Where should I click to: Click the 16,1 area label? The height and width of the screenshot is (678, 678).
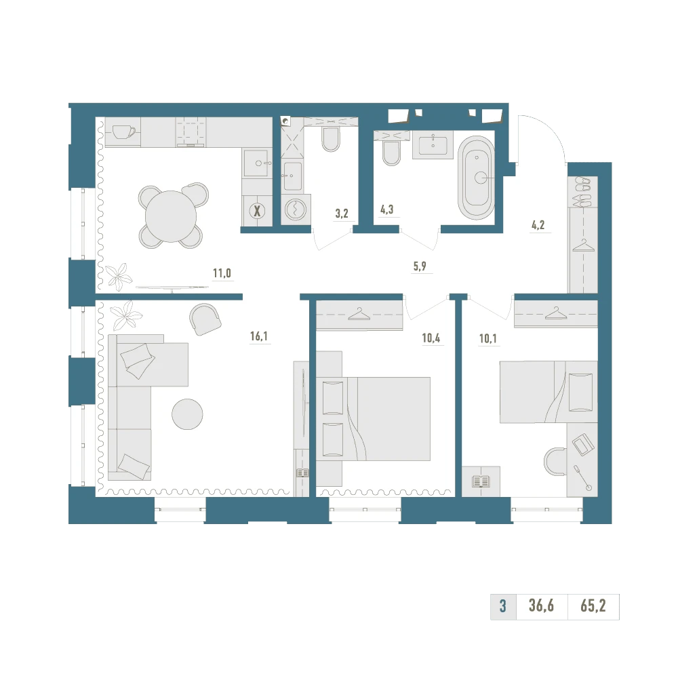tap(259, 336)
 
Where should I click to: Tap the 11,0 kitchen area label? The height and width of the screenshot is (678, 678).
tap(222, 273)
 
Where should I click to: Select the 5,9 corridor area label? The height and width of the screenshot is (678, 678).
tap(420, 266)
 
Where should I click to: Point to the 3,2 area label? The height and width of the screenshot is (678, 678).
tap(342, 214)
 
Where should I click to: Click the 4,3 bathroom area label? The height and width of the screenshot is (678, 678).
tap(387, 210)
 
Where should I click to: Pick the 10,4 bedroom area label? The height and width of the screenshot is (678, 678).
tap(431, 338)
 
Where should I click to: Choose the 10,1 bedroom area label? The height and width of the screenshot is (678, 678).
tap(487, 338)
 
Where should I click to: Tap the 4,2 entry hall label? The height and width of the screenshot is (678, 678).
tap(538, 225)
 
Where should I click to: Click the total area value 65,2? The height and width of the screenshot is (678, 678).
tap(593, 605)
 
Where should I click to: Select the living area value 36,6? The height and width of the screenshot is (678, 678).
tap(541, 605)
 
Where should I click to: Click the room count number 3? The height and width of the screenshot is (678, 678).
tap(503, 605)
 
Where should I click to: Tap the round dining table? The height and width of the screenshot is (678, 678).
tap(171, 216)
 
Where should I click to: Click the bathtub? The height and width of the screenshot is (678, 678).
tap(476, 178)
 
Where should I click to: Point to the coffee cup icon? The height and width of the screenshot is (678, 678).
tap(123, 132)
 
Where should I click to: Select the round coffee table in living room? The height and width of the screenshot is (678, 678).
tap(187, 414)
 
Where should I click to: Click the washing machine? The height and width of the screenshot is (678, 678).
tap(296, 210)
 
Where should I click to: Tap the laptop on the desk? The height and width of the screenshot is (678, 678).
tap(580, 444)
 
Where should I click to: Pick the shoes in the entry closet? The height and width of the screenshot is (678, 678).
tap(582, 191)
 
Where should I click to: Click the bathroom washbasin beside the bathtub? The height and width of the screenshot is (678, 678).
tap(433, 144)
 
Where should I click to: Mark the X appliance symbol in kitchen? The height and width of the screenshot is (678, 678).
tap(257, 212)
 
